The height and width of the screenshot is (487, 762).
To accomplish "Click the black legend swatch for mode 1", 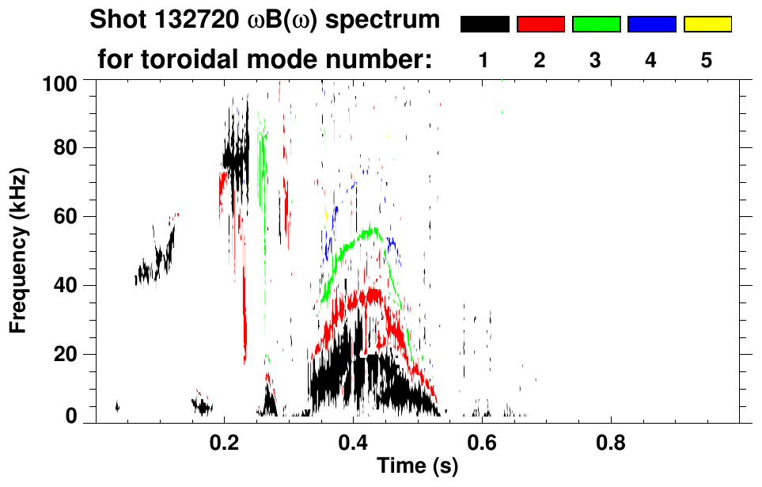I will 484,25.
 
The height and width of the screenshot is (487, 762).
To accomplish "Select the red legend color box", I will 540,25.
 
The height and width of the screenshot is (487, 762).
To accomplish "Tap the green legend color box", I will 596,25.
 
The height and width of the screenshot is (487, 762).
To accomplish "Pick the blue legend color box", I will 651,25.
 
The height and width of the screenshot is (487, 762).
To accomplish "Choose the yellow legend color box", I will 707,25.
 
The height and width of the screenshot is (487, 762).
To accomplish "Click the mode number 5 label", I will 707,60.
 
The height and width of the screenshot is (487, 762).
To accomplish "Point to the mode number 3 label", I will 596,60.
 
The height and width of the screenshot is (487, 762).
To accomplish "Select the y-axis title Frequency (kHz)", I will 19,250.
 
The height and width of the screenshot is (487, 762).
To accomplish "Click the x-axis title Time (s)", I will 417,467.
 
